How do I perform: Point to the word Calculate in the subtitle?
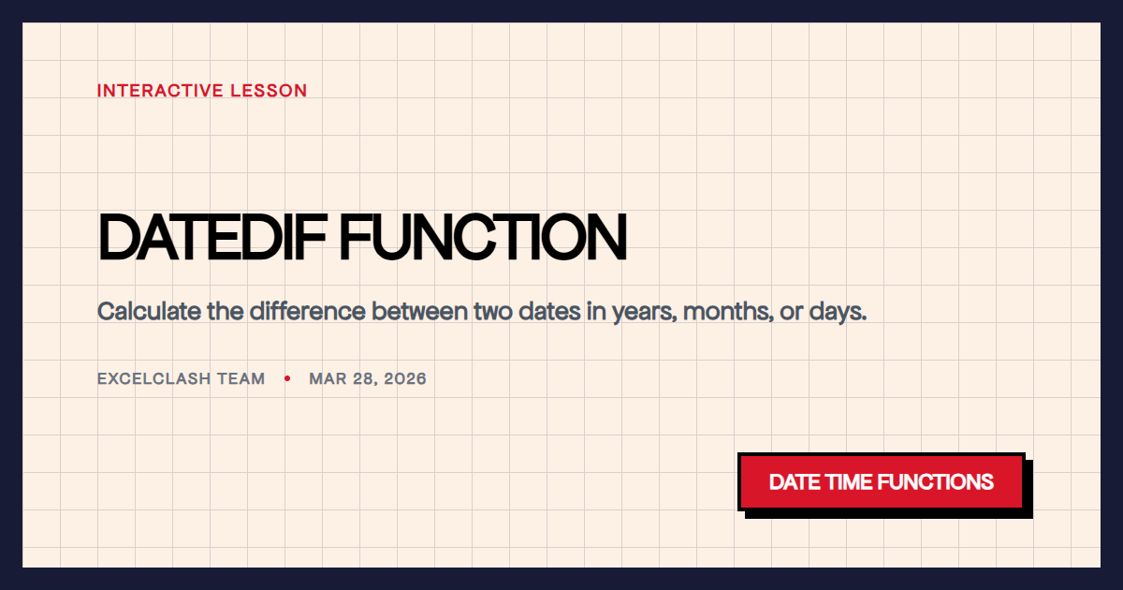tap(149, 311)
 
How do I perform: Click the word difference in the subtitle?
tap(307, 311)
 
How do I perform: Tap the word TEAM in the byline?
tap(242, 379)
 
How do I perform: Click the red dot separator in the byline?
tap(287, 379)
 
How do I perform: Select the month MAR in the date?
tap(328, 379)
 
